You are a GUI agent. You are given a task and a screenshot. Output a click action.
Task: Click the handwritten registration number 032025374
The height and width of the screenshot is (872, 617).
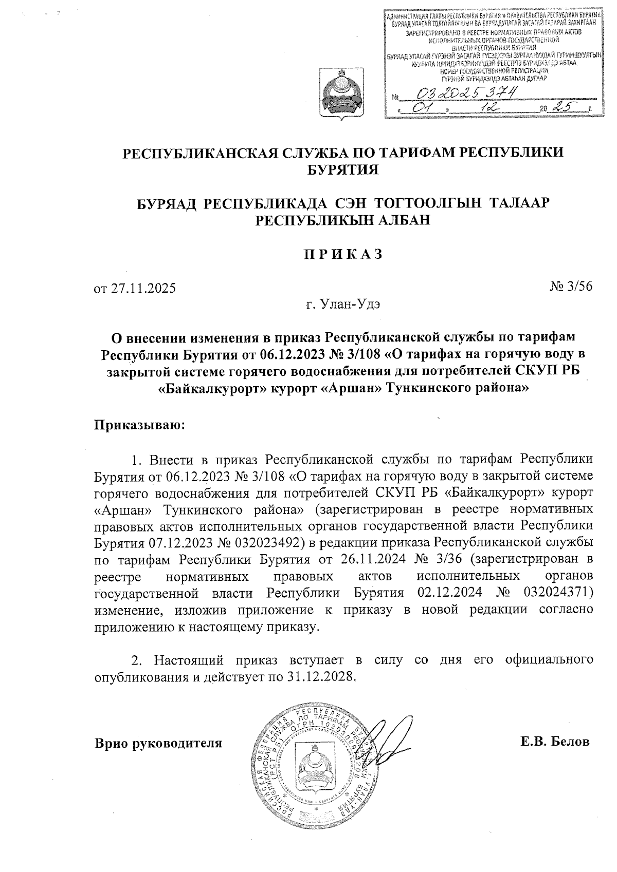pyautogui.click(x=467, y=93)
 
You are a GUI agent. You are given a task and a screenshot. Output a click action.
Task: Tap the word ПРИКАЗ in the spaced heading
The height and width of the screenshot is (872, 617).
pyautogui.click(x=342, y=254)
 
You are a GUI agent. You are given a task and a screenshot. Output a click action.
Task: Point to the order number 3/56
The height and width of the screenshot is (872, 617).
pyautogui.click(x=578, y=287)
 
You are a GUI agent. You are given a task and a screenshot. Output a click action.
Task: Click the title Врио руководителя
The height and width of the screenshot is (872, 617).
pyautogui.click(x=159, y=743)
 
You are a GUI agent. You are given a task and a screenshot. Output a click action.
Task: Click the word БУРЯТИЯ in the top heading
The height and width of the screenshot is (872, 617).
pyautogui.click(x=342, y=169)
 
